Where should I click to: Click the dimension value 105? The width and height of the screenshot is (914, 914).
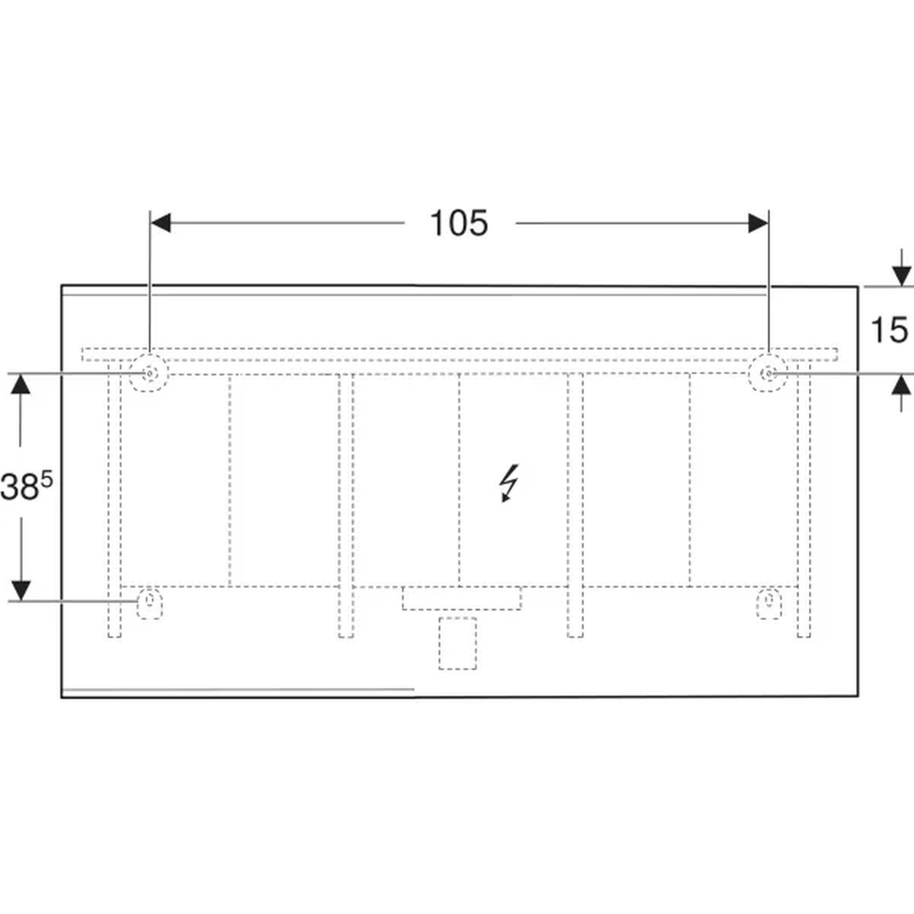tap(459, 223)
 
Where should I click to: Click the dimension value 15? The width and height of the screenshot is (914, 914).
tap(889, 330)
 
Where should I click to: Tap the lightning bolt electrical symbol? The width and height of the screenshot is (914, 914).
tap(509, 482)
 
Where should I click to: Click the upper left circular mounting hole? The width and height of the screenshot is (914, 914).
tap(149, 372)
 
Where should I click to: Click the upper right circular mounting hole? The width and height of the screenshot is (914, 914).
tap(768, 372)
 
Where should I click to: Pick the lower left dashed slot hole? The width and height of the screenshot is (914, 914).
tap(150, 603)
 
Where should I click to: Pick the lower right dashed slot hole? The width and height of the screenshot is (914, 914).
tap(768, 603)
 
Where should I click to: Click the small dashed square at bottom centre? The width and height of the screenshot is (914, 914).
tap(458, 643)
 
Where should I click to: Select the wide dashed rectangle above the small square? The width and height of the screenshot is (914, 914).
tap(462, 598)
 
